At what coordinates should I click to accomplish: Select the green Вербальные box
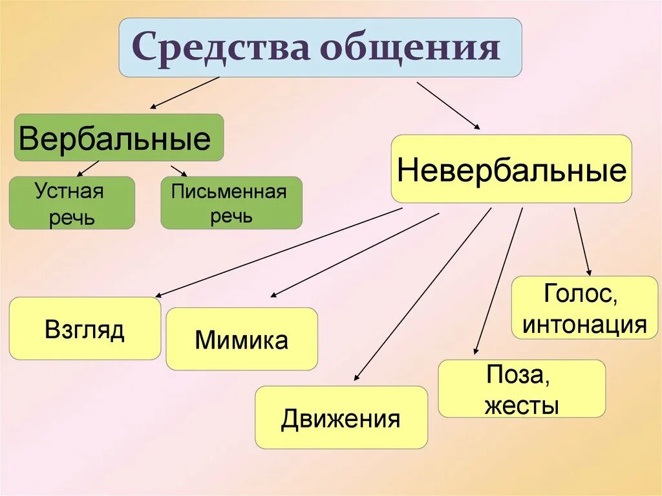[x=119, y=138]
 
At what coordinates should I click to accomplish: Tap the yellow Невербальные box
[x=511, y=169]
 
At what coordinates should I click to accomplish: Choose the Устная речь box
[x=71, y=203]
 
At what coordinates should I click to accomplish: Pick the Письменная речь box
[x=231, y=203]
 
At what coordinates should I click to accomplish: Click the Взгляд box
[x=85, y=329]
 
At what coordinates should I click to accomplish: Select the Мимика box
[x=242, y=339]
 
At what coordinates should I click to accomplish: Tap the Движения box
[x=341, y=418]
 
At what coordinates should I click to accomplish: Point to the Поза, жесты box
[x=522, y=389]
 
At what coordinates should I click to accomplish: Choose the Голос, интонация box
[x=584, y=308]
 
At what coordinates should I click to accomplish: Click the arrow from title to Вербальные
[x=185, y=92]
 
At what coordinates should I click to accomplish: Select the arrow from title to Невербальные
[x=448, y=105]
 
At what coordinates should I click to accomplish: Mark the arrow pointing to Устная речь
[x=89, y=168]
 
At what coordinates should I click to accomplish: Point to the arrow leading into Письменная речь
[x=178, y=170]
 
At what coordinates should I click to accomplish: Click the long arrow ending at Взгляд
[x=278, y=252]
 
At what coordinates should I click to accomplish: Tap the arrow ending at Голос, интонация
[x=582, y=241]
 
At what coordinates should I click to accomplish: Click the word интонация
[x=584, y=323]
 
